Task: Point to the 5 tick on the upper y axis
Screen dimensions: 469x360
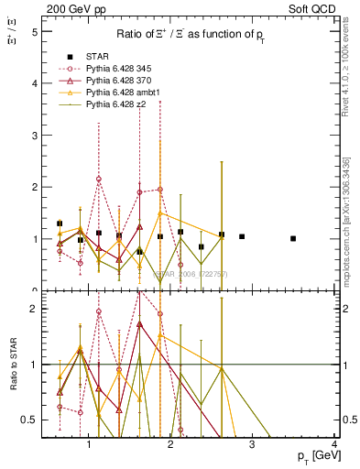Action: pyautogui.click(x=34, y=31)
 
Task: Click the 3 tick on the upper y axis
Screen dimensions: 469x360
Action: pyautogui.click(x=34, y=135)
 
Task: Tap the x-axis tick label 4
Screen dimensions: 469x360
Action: pyautogui.click(x=335, y=444)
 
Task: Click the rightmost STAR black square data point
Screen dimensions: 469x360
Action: pyautogui.click(x=293, y=238)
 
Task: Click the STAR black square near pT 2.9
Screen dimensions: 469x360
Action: pyautogui.click(x=242, y=236)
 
